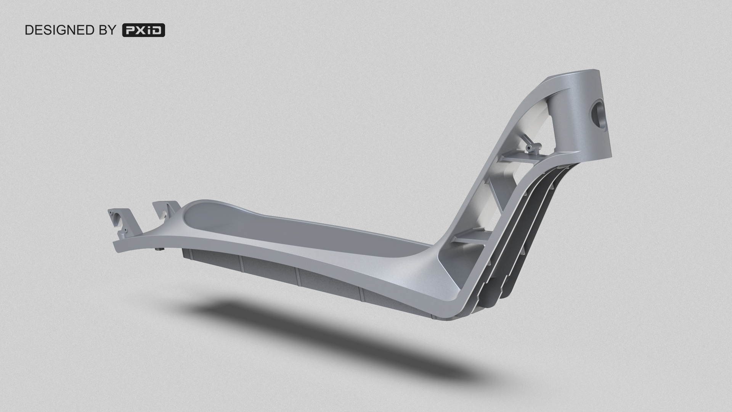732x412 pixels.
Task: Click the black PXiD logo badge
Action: pyautogui.click(x=143, y=31)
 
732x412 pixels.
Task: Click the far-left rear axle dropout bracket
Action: pyautogui.click(x=120, y=221)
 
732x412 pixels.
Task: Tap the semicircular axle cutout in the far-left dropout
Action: pyautogui.click(x=117, y=218)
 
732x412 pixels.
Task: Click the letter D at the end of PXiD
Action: pyautogui.click(x=157, y=31)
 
